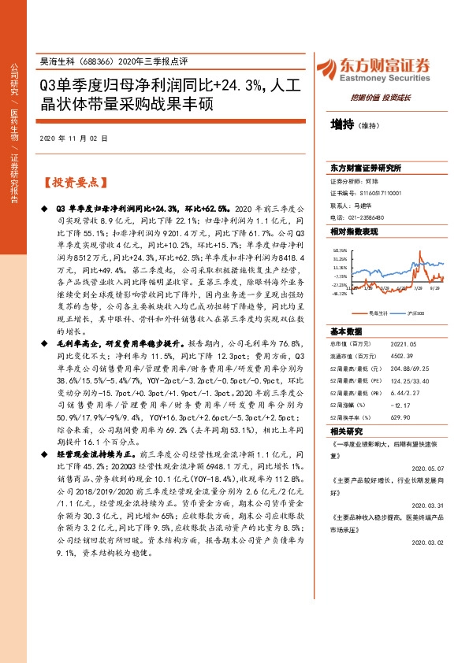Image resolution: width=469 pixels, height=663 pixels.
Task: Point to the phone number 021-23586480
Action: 355,217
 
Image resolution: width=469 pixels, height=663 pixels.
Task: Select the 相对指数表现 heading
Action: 355,231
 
